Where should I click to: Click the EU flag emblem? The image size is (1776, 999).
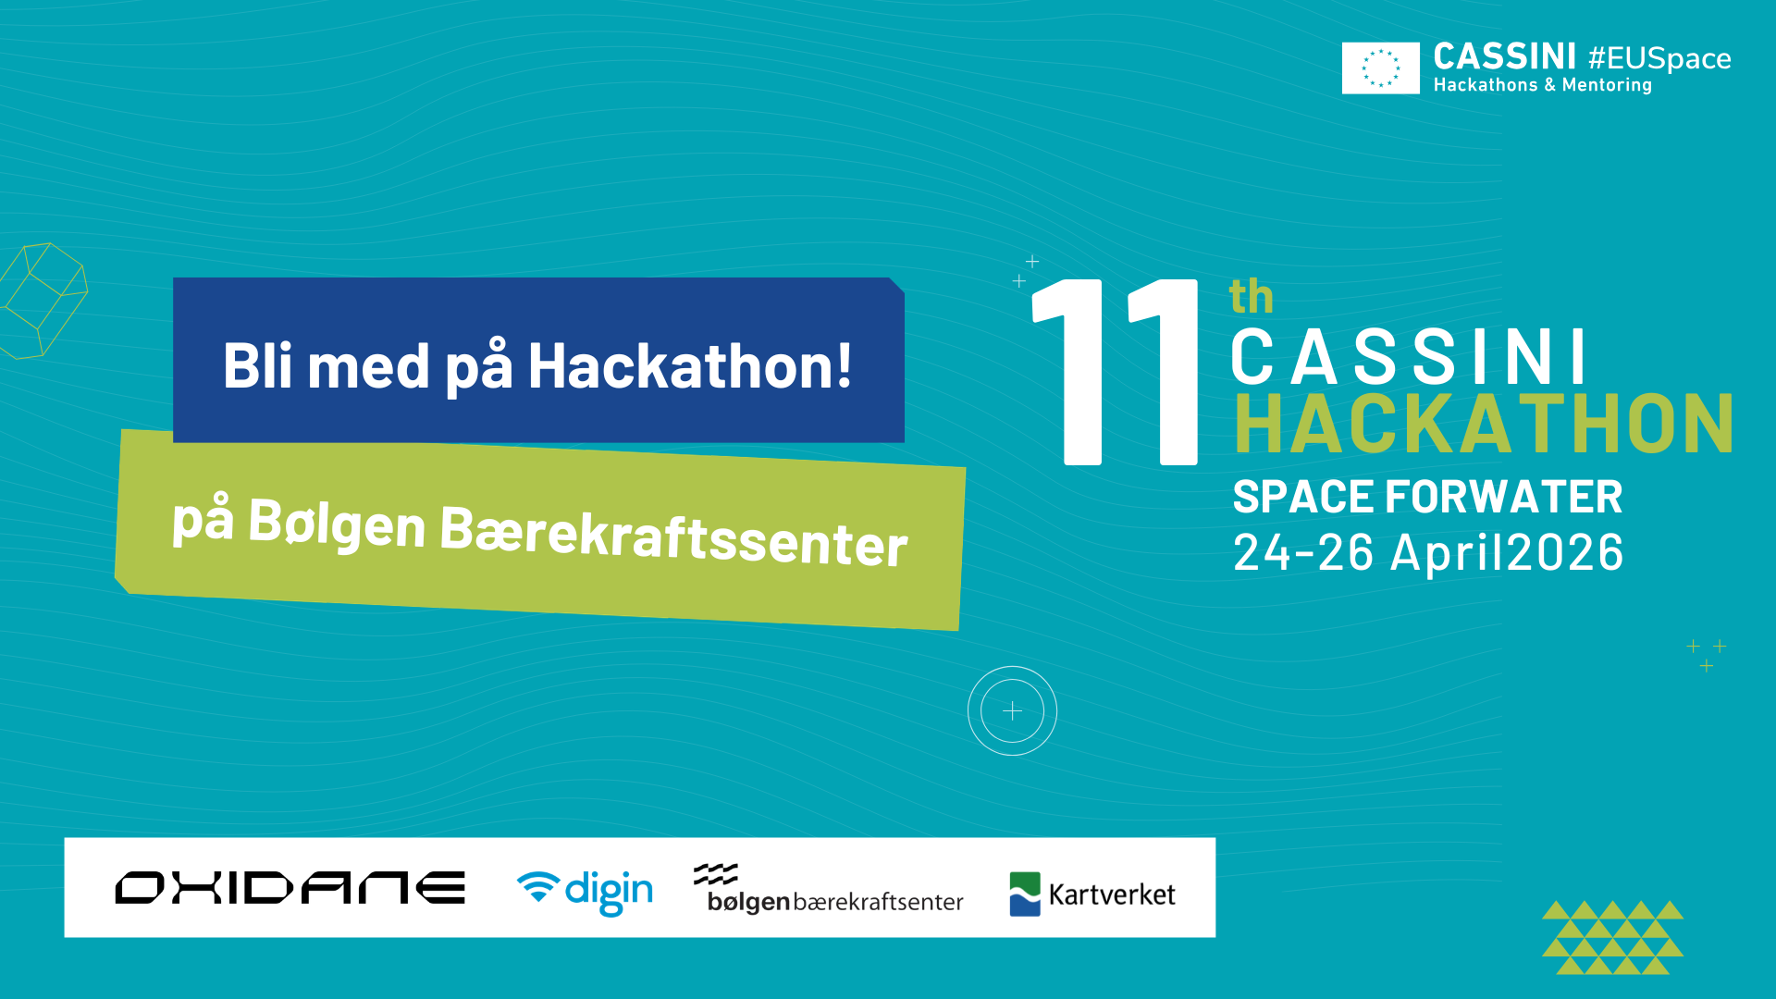point(1380,68)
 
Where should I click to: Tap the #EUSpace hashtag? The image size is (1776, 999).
point(1659,58)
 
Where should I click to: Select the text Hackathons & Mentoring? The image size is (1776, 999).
point(1542,85)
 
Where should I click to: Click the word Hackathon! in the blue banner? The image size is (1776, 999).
point(690,366)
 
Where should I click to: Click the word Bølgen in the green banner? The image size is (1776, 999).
point(337,524)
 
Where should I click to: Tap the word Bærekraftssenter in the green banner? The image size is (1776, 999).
point(673,536)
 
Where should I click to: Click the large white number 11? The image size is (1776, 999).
point(1116,372)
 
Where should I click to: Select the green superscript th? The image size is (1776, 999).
point(1251,297)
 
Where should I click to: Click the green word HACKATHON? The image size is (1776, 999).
point(1484,424)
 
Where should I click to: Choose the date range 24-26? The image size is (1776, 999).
point(1303,553)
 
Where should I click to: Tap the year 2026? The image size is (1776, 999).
point(1565,553)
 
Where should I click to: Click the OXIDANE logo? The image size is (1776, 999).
point(290,888)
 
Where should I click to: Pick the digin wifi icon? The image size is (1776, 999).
point(537,885)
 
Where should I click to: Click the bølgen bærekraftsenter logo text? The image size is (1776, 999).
point(834,901)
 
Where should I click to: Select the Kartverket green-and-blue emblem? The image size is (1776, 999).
point(1025,894)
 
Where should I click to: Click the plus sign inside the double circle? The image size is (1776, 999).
point(1012,711)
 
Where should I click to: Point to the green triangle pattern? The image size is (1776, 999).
point(1612,937)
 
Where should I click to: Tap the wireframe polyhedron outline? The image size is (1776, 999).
point(43,300)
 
